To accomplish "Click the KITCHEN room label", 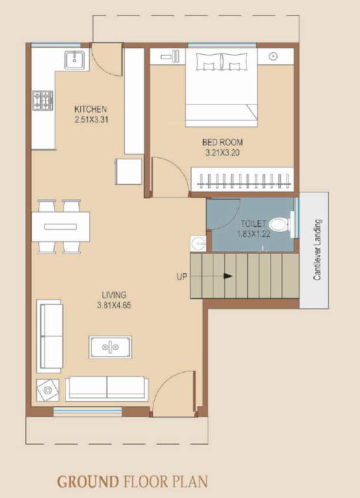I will [90, 109].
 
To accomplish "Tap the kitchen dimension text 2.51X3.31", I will [90, 119].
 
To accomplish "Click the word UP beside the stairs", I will [182, 276].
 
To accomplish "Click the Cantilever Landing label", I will [317, 250].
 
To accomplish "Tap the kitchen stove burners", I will [43, 100].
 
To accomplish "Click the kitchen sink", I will [75, 60].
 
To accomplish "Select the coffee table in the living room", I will [110, 347].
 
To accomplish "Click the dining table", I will [61, 226].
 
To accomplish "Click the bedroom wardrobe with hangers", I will [243, 178].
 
